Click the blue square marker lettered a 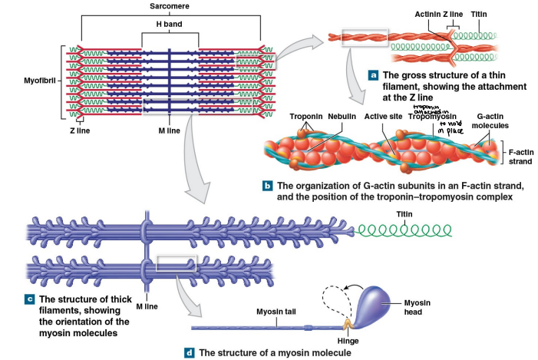[x=373, y=76]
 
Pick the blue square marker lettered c [x=30, y=298]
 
